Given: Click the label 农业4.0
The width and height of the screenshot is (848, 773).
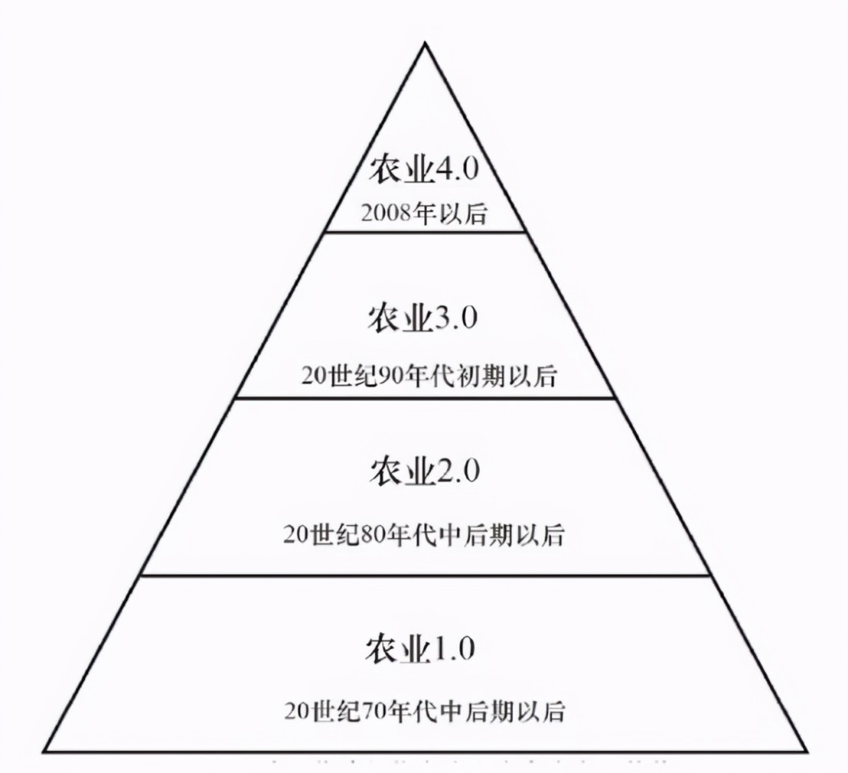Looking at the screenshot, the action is tap(424, 170).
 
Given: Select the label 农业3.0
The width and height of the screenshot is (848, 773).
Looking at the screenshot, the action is tap(423, 317).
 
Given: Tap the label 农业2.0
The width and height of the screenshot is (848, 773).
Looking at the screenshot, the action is tap(425, 470).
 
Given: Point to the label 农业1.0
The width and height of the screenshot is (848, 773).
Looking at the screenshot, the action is tap(421, 649).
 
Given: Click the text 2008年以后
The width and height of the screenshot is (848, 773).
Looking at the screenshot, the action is tap(424, 214).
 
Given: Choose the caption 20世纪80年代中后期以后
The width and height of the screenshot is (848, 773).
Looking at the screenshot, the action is tap(423, 535).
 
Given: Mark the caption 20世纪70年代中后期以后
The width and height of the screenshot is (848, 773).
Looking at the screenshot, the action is tap(425, 711).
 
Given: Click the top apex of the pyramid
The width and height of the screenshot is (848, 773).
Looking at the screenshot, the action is tap(425, 42).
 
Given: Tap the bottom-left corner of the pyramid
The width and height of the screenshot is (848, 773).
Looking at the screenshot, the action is tap(44, 751).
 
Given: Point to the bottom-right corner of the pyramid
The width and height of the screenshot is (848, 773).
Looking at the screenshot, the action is tap(807, 751).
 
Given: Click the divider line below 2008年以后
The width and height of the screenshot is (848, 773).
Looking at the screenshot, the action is tap(425, 232).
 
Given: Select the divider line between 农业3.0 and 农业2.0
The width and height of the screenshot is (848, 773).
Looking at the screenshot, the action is tap(426, 398).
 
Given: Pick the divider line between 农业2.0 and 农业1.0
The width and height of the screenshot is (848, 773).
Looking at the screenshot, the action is tap(425, 575).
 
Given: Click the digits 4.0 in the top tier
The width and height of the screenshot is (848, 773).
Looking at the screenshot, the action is tap(458, 170).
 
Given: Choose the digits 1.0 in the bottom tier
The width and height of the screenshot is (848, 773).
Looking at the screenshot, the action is tap(453, 649).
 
